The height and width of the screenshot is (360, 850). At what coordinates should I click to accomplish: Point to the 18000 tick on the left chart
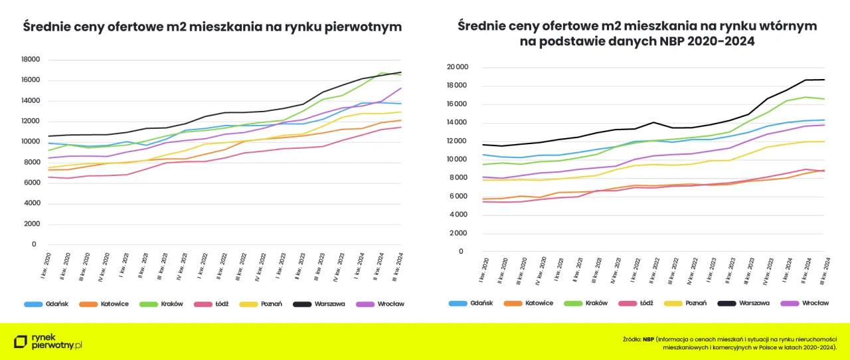(x=31, y=60)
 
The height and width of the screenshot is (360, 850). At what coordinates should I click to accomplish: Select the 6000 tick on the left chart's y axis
(x=33, y=183)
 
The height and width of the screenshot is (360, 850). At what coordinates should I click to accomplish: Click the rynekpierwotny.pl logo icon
(x=21, y=341)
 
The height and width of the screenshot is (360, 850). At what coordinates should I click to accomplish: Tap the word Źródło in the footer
(x=631, y=339)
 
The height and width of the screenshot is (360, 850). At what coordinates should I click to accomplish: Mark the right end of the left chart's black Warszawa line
(x=401, y=72)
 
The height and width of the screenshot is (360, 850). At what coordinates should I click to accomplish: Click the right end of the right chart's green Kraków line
(x=825, y=99)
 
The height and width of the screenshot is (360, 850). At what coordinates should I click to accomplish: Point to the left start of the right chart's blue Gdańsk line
(x=465, y=155)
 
